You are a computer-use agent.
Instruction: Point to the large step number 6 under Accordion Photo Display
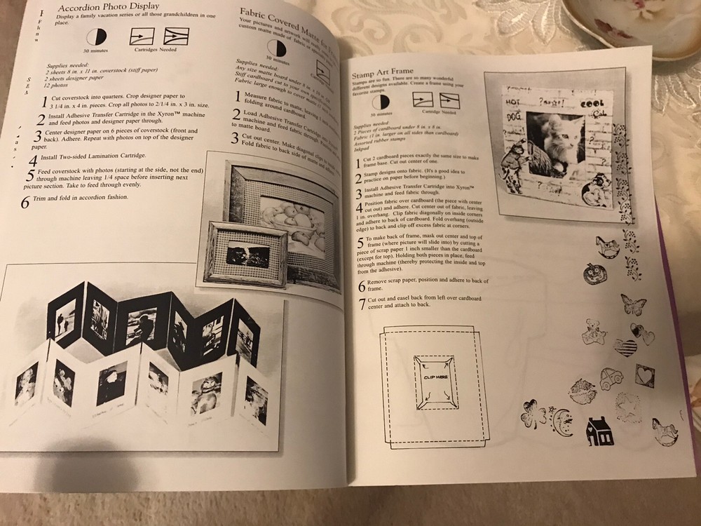pos(25,203)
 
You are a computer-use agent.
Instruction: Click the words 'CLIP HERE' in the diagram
pos(435,377)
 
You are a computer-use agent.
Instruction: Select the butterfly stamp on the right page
pos(632,304)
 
